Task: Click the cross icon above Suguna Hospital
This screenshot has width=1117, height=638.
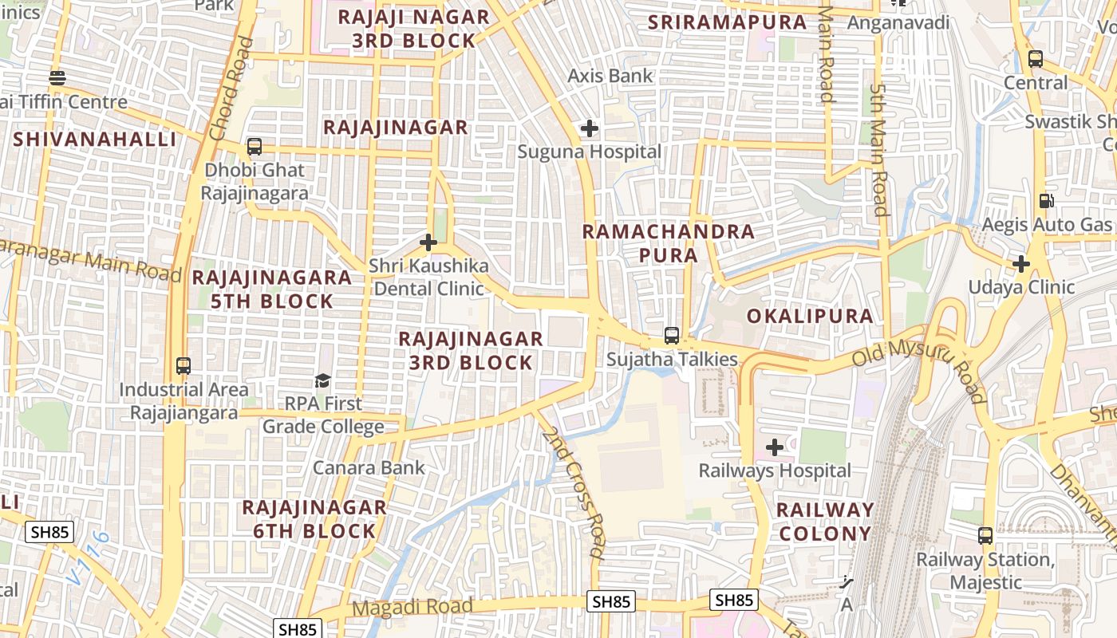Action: click(x=589, y=128)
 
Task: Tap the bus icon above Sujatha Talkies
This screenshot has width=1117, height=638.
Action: click(x=672, y=336)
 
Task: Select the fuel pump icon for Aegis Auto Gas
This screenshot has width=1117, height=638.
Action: click(x=1046, y=201)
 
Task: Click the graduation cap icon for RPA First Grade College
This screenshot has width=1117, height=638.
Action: click(x=322, y=380)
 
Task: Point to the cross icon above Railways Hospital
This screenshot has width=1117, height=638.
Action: click(x=774, y=447)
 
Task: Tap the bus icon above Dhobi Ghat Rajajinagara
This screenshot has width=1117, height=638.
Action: click(x=255, y=147)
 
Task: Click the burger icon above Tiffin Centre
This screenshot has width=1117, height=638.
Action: click(x=57, y=78)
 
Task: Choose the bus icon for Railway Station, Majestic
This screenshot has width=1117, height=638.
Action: click(x=985, y=536)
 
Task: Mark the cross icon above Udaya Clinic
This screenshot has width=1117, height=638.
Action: click(x=1021, y=264)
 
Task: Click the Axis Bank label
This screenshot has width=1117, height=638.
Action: click(x=610, y=76)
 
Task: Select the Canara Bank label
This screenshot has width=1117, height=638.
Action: click(x=369, y=467)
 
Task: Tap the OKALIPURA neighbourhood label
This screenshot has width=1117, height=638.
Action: click(x=810, y=316)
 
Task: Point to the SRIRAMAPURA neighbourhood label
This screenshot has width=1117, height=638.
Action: click(x=728, y=22)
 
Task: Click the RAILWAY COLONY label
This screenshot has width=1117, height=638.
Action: click(x=825, y=522)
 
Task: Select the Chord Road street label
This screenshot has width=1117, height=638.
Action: click(x=231, y=88)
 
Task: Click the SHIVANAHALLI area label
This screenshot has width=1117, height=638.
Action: click(x=94, y=140)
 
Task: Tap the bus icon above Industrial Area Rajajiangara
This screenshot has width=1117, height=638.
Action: click(x=184, y=366)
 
